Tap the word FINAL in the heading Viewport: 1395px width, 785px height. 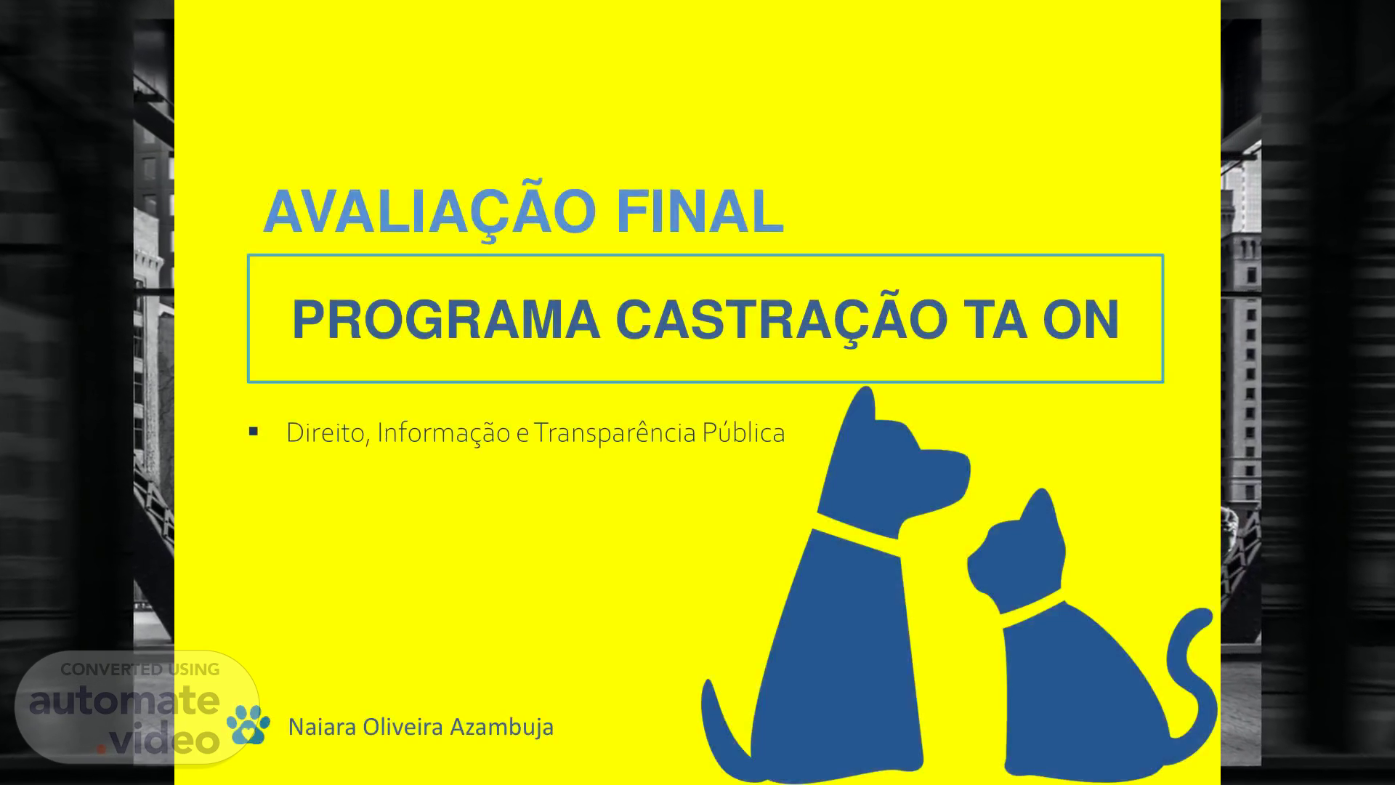click(700, 212)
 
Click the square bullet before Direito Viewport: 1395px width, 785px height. click(254, 432)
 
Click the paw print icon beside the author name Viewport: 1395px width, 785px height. click(248, 724)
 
